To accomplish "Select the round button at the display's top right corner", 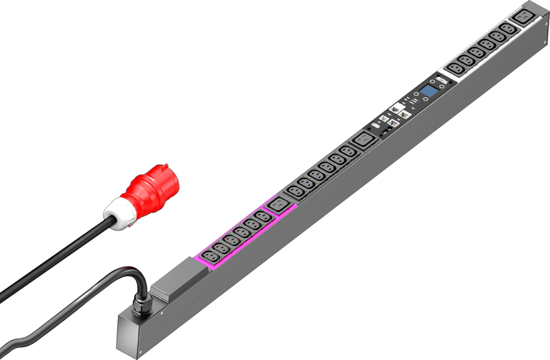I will (x=445, y=84).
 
